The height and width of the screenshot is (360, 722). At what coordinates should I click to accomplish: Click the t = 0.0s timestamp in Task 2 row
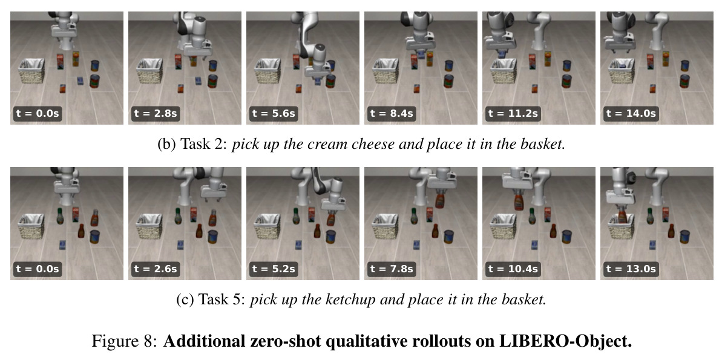38,113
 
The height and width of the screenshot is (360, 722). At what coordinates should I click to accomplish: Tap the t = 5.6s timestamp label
273,113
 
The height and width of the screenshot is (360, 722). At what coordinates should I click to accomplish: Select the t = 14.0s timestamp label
629,113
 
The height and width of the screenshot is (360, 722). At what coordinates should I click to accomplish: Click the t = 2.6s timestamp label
155,269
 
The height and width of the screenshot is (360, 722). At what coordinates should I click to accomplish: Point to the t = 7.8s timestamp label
391,269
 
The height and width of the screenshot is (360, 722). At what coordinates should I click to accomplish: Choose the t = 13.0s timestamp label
629,269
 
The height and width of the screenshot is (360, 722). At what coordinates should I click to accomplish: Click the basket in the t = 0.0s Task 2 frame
31,70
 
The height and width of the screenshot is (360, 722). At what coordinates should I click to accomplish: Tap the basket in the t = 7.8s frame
386,226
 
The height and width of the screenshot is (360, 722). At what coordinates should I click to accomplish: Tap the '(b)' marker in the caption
166,144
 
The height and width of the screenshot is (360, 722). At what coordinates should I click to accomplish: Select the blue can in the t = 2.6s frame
212,237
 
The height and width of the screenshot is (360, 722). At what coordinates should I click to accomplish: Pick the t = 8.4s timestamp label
391,113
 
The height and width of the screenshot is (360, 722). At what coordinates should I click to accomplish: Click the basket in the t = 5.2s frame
267,226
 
